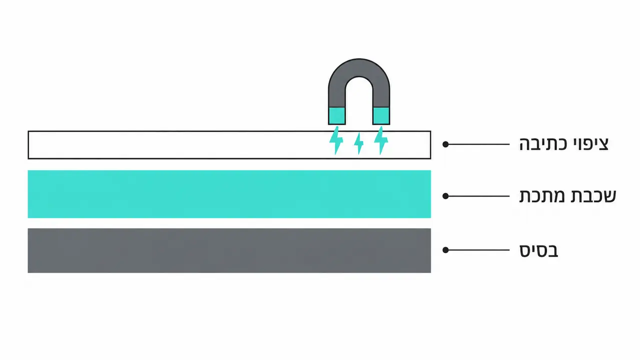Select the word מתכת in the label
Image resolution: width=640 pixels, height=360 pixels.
542,196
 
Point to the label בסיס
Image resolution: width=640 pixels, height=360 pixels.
538,250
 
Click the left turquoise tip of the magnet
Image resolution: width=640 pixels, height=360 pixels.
337,115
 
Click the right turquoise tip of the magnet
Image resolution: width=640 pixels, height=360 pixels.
381,115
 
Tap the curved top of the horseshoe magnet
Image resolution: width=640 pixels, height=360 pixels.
359,67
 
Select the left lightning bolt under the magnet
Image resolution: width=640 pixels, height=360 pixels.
336,140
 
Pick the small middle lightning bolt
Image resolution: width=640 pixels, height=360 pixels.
359,143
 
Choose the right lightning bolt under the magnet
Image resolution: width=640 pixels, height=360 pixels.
381,140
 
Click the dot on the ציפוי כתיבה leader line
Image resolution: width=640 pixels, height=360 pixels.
445,144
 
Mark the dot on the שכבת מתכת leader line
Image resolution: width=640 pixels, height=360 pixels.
445,196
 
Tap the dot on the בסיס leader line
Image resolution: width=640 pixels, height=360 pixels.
445,250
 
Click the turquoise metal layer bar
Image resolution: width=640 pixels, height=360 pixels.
229,194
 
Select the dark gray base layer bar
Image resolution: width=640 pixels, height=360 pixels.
229,250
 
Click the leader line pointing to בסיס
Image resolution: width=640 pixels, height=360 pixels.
477,250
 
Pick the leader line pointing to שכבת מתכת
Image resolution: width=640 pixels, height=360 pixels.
477,196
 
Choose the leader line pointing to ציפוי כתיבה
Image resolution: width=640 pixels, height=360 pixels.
477,144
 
